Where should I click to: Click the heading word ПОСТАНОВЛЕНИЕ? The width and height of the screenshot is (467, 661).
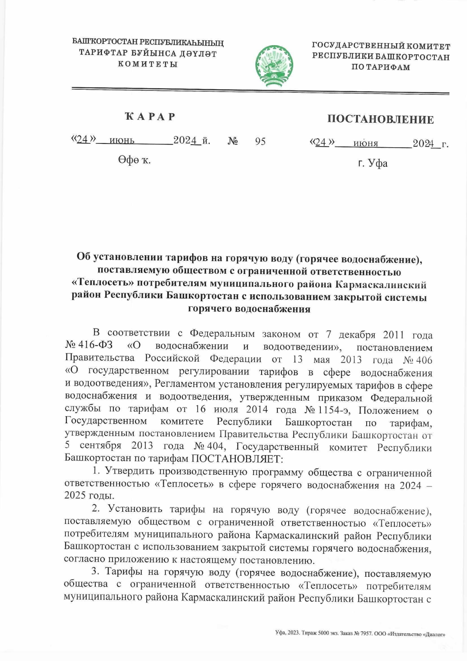pyautogui.click(x=380, y=119)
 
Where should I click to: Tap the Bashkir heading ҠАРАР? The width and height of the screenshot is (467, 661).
pyautogui.click(x=150, y=116)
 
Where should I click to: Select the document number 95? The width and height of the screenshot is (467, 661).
pyautogui.click(x=260, y=141)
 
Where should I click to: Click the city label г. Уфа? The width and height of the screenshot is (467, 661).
pyautogui.click(x=372, y=163)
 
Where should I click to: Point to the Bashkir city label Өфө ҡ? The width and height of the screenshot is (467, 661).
pyautogui.click(x=134, y=160)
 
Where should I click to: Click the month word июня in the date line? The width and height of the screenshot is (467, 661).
pyautogui.click(x=365, y=144)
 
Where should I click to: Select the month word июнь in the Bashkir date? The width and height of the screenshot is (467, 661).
pyautogui.click(x=122, y=141)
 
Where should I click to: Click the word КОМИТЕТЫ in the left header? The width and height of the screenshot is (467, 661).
pyautogui.click(x=148, y=64)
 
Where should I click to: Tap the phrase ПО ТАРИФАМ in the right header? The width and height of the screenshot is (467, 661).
pyautogui.click(x=381, y=67)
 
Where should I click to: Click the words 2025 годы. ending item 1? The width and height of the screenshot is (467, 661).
pyautogui.click(x=90, y=496)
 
